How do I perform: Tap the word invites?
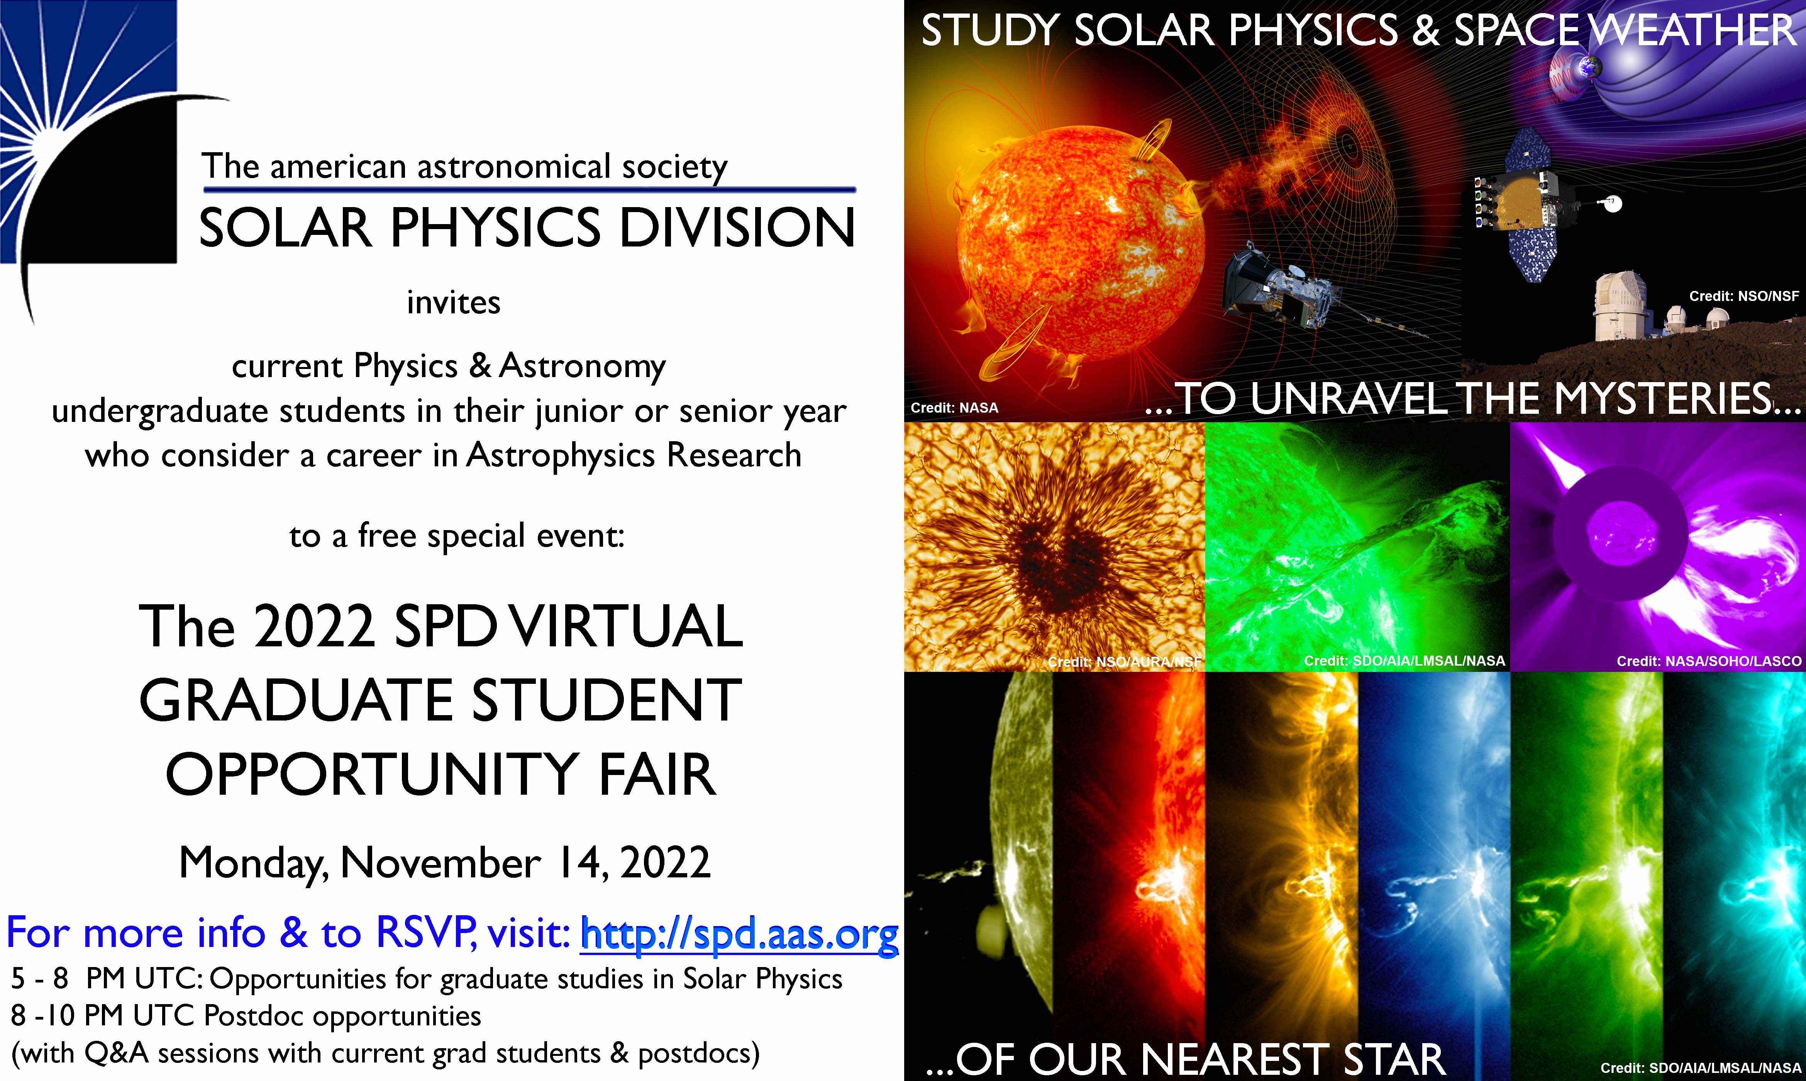(x=454, y=302)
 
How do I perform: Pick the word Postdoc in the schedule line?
(x=253, y=1015)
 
